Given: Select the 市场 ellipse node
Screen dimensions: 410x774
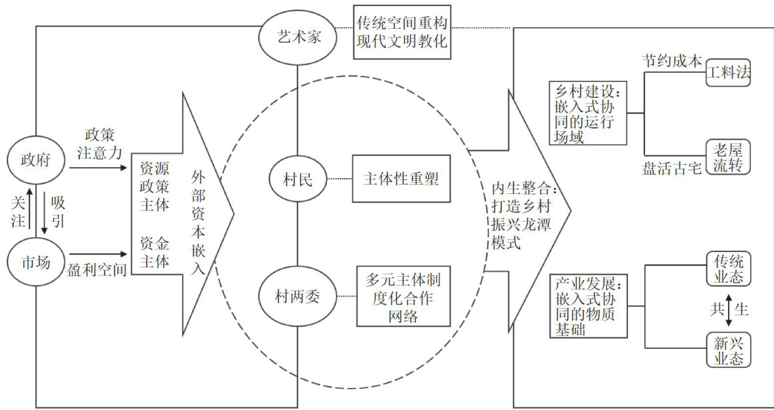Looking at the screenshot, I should coord(35,262).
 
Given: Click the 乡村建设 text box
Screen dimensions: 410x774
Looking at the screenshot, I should coord(587,113).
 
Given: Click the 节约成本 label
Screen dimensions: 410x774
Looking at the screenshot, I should coord(671,60).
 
